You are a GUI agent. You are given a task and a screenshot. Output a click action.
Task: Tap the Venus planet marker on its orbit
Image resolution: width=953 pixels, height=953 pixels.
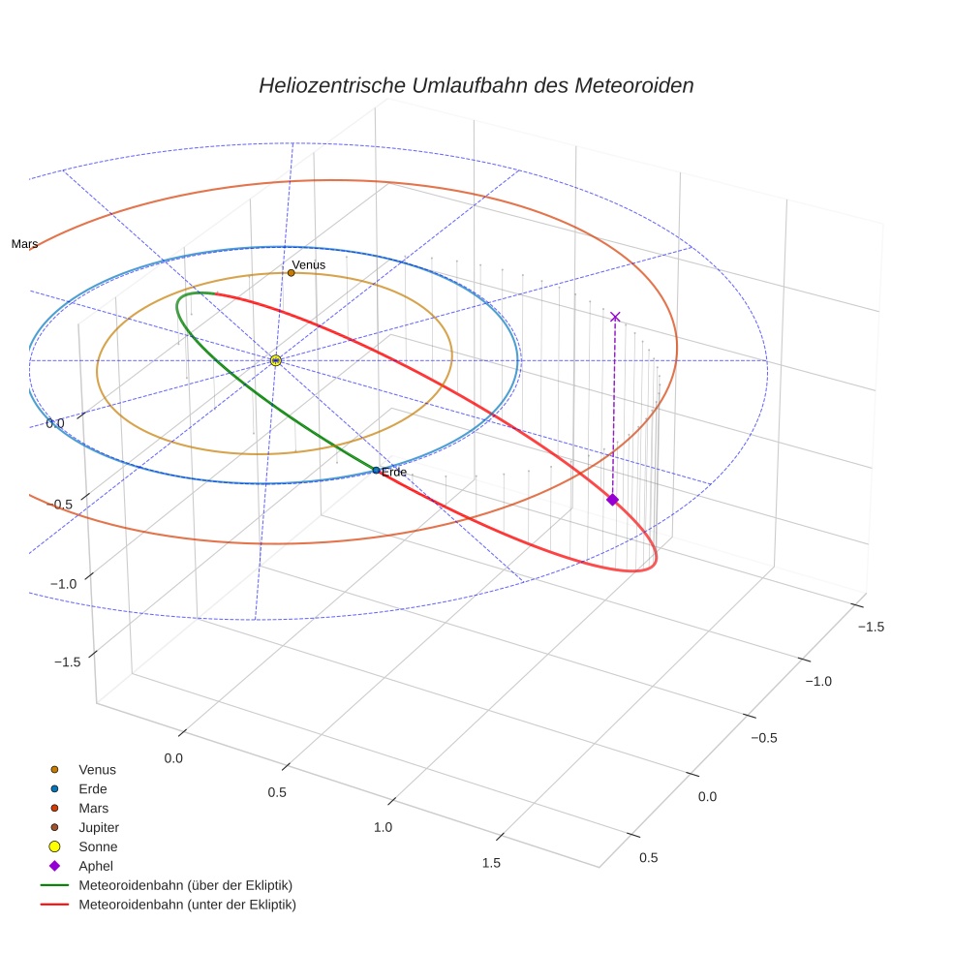tap(291, 273)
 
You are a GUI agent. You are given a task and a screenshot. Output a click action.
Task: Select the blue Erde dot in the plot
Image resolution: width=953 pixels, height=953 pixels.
tap(376, 471)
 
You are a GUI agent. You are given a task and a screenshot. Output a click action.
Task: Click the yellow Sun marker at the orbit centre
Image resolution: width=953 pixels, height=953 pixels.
tap(276, 360)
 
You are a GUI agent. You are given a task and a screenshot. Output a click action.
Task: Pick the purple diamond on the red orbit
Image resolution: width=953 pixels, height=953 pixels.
tap(612, 499)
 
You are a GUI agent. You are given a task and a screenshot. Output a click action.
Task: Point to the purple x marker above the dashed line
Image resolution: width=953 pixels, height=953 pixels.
tap(615, 317)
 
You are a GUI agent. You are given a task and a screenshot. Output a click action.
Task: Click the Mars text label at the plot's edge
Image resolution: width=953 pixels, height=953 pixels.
tap(24, 244)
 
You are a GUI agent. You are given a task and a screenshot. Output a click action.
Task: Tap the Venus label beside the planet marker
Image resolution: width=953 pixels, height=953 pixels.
tap(309, 264)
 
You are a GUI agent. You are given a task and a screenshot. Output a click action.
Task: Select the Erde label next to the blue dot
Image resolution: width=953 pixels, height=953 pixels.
tap(394, 472)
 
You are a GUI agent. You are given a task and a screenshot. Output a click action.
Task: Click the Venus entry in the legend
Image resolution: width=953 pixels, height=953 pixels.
tap(97, 769)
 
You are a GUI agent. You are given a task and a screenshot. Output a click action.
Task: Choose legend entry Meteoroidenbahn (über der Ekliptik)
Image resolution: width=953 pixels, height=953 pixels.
tap(185, 885)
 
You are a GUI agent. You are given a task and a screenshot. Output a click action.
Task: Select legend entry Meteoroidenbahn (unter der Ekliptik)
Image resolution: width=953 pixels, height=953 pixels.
tap(187, 905)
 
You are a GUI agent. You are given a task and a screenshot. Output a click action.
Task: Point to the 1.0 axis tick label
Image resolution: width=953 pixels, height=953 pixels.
tap(383, 827)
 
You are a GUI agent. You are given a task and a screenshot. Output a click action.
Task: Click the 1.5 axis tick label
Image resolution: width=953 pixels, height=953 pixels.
tap(491, 863)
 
